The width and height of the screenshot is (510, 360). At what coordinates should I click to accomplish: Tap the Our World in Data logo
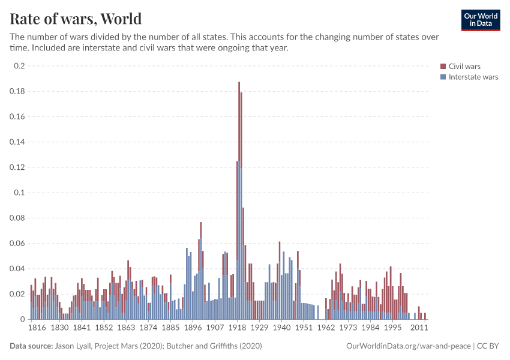coord(480,20)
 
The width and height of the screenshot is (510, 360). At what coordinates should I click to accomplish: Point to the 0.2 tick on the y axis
coord(20,66)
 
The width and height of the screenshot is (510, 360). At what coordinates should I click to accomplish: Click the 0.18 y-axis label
coord(17,91)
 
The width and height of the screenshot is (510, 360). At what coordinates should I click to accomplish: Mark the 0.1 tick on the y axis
coord(20,193)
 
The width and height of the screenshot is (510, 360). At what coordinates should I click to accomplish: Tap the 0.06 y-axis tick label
coord(17,243)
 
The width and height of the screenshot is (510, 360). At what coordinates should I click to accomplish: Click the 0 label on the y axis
coord(23,319)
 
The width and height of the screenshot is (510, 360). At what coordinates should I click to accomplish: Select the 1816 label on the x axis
coord(37,328)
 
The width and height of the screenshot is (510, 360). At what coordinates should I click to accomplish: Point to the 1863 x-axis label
coord(126,328)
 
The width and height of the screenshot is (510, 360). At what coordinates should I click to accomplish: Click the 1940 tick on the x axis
coord(281,328)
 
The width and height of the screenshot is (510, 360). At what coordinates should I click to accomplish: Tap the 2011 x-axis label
coord(419,328)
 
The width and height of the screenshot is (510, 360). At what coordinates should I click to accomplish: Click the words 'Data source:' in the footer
coord(31,346)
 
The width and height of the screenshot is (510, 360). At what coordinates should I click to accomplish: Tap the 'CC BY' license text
coord(488,346)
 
